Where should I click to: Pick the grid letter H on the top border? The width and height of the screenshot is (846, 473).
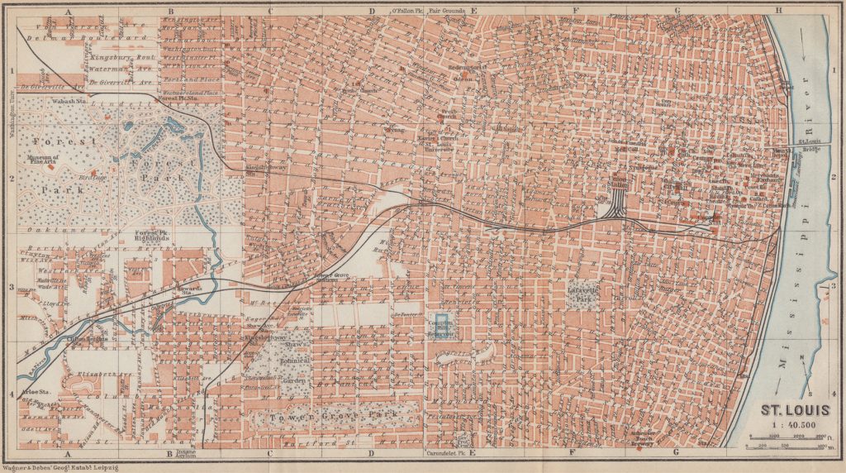click(x=777, y=11)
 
